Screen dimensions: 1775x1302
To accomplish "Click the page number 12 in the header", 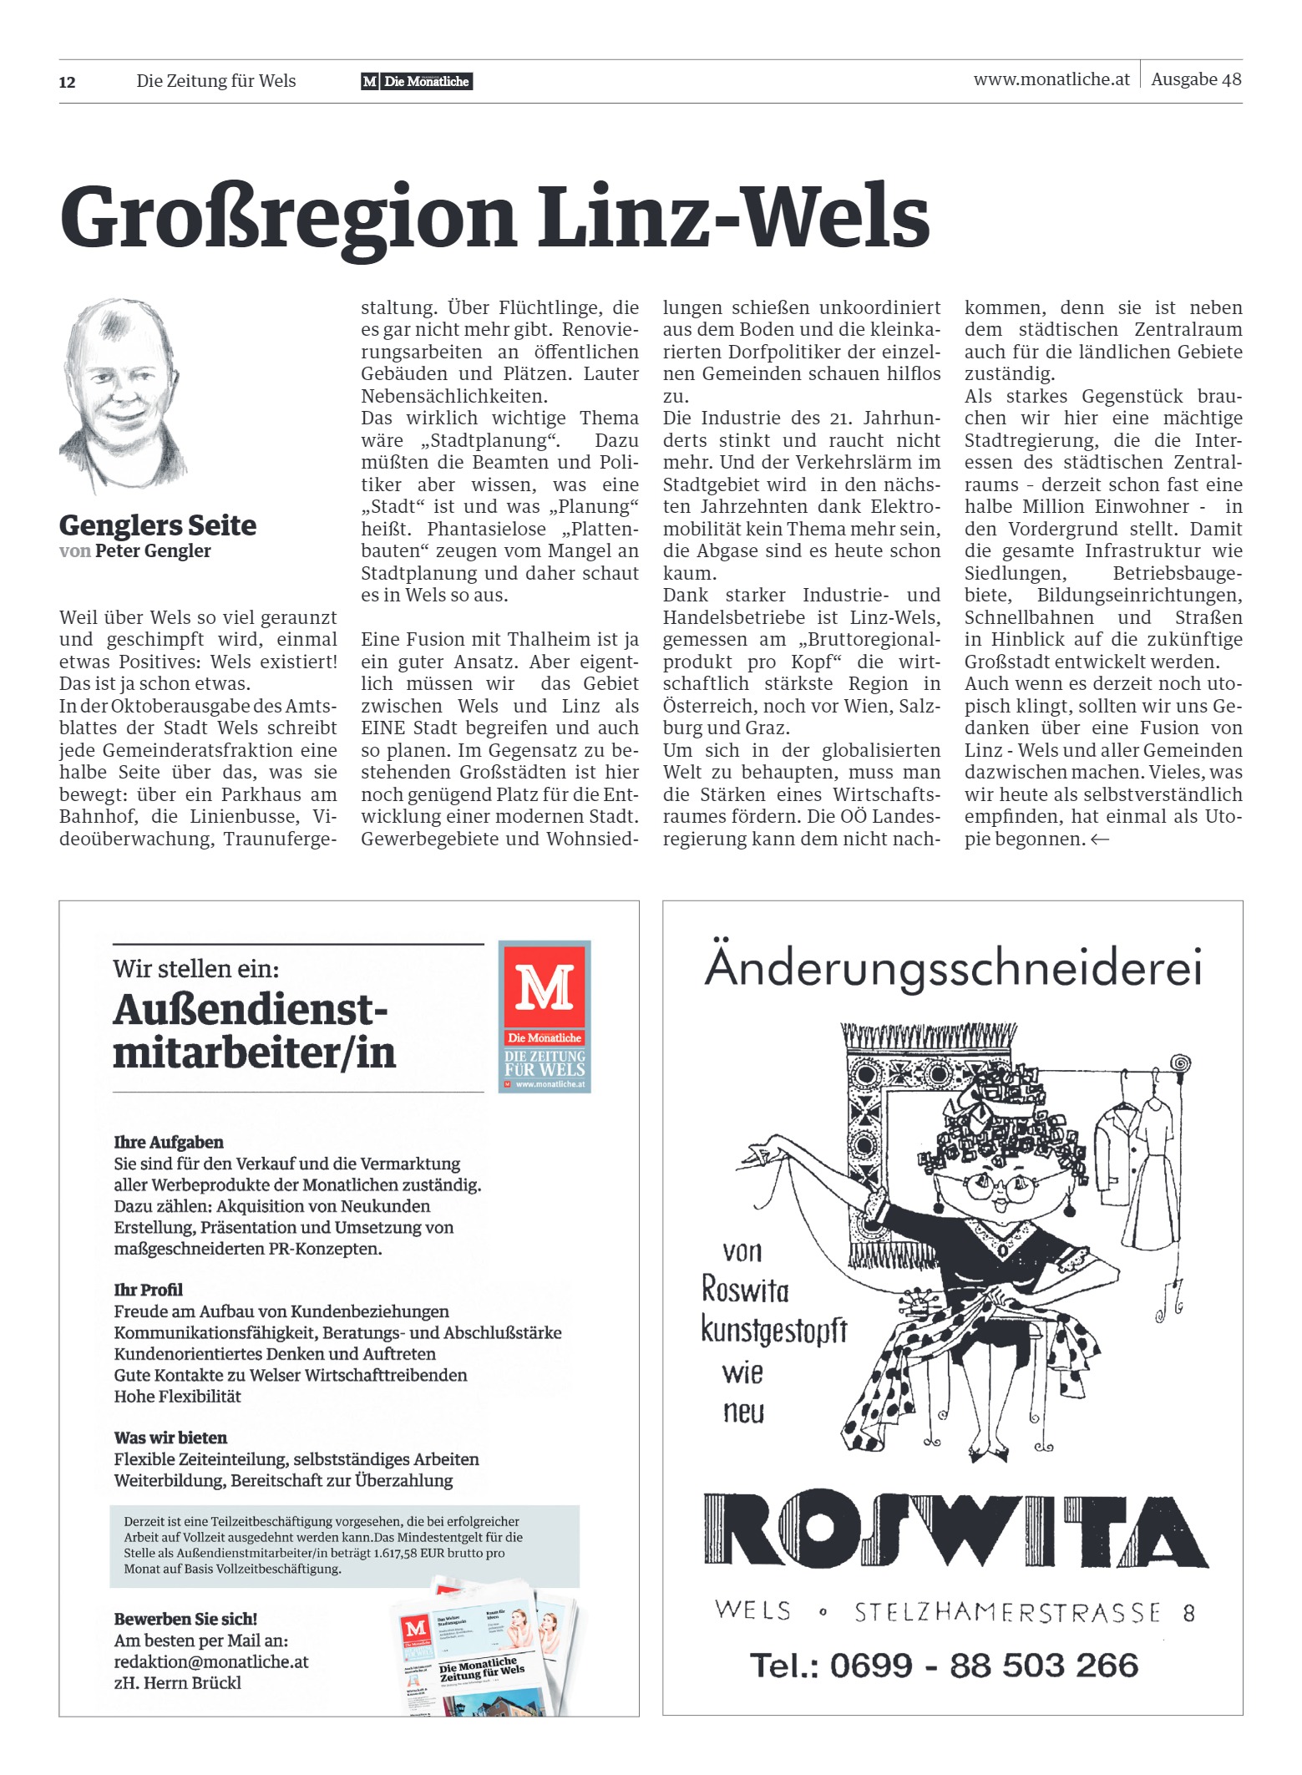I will click(68, 82).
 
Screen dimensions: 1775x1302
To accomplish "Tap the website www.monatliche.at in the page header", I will click(1051, 79).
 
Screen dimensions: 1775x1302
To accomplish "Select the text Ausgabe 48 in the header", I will click(1196, 79).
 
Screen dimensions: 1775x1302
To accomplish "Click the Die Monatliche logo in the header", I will click(417, 81).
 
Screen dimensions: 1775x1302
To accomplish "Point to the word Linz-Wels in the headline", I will click(733, 217).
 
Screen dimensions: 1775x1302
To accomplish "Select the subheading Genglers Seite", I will click(158, 525).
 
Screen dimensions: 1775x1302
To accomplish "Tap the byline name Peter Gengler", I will click(153, 551).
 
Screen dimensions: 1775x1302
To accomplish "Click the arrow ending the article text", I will click(1100, 839).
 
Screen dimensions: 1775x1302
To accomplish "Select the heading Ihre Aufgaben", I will click(169, 1142).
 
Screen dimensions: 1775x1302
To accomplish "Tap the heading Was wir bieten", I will click(170, 1438).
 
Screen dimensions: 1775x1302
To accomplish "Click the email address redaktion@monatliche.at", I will click(211, 1661).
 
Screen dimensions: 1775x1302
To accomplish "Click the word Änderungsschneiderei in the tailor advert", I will click(953, 968).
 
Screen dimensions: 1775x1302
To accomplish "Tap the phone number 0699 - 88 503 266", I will click(944, 1665).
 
